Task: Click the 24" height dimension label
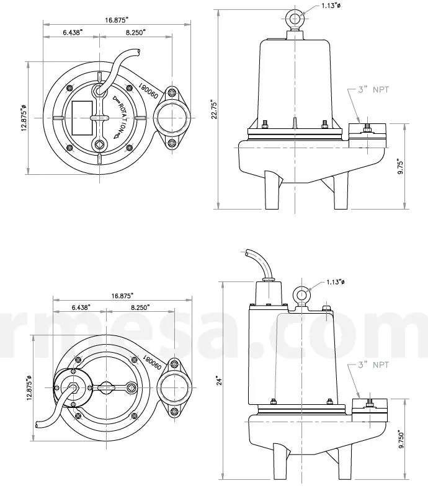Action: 217,378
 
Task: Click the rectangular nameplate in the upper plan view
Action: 81,117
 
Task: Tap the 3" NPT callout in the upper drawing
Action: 372,90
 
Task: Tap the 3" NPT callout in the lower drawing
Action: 372,365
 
